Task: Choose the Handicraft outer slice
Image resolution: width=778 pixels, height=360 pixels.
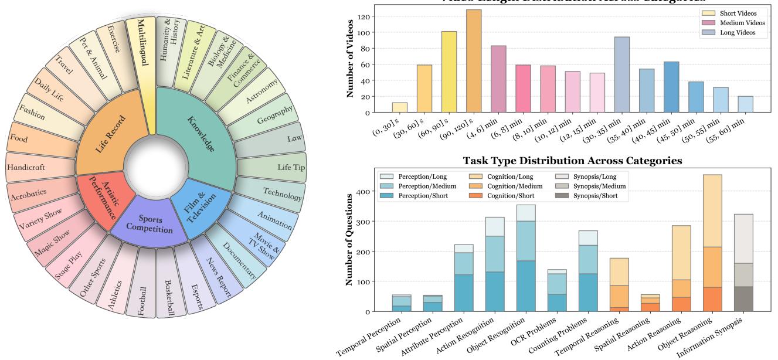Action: coord(26,167)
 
